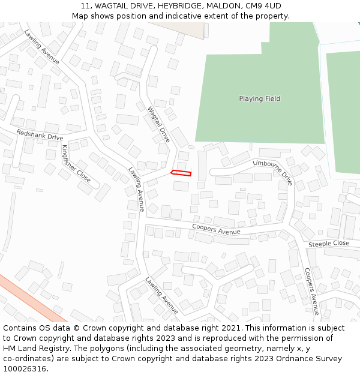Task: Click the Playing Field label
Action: pos(259,99)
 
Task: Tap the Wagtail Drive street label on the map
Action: pos(159,125)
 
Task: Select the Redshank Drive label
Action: pos(40,135)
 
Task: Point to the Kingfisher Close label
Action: pos(76,164)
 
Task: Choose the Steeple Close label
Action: pos(329,244)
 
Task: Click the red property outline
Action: pos(181,173)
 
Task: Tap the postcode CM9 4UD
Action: pos(263,6)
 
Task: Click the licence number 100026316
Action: pos(24,369)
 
